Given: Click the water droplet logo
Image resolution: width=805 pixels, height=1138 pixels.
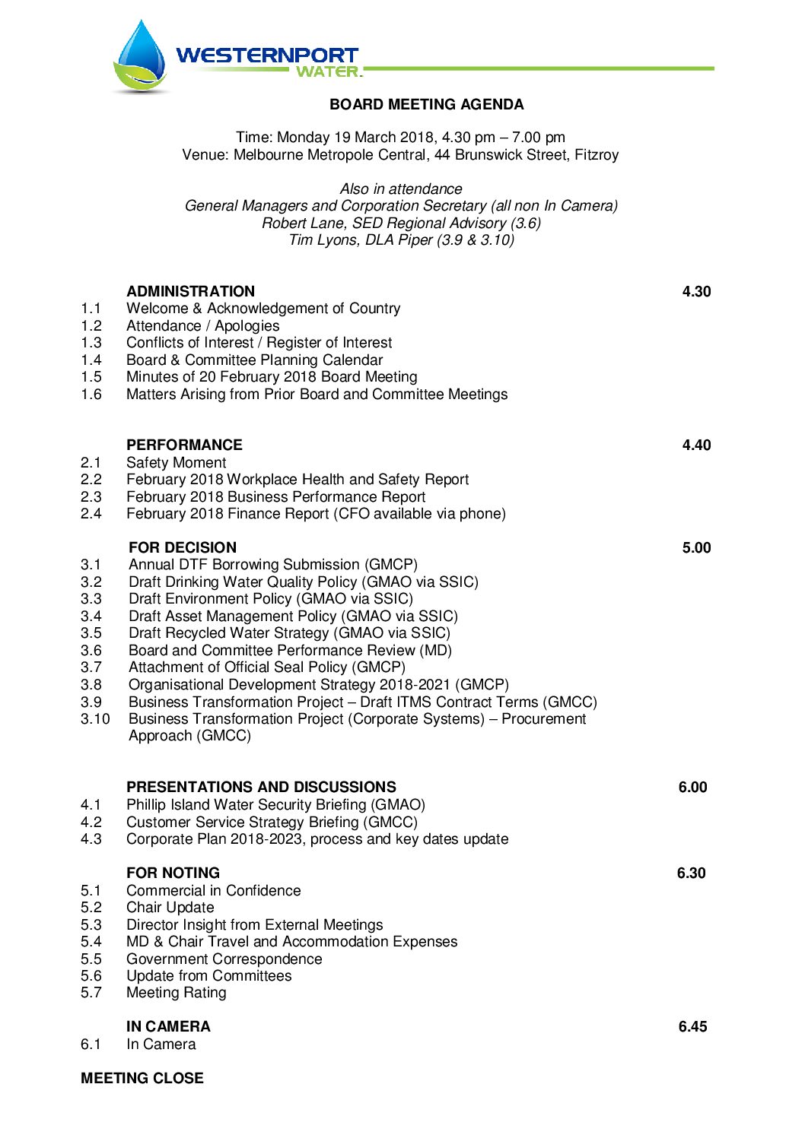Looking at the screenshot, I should click(142, 57).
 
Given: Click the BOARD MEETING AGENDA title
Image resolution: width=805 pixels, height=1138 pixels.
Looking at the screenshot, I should click(426, 104).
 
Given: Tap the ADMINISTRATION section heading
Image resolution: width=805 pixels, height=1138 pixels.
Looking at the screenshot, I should click(190, 291).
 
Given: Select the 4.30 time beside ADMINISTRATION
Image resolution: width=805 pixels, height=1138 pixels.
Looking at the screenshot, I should click(696, 291).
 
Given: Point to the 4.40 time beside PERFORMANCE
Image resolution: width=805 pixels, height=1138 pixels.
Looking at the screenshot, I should click(696, 445).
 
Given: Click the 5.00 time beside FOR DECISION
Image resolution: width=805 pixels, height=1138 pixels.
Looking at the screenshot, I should click(696, 547).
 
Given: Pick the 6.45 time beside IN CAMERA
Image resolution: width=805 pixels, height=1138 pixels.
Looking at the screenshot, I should click(692, 1026).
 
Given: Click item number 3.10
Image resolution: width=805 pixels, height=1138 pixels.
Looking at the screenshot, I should click(95, 718).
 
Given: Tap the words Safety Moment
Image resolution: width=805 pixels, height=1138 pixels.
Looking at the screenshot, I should click(176, 462).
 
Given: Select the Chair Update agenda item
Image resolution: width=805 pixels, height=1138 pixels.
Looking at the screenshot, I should click(170, 907).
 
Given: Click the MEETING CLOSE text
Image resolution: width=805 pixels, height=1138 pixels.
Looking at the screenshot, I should click(142, 1078).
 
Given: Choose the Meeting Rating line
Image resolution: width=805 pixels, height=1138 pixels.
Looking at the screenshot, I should click(176, 992).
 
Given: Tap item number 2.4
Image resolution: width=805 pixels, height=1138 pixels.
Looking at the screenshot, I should click(91, 513).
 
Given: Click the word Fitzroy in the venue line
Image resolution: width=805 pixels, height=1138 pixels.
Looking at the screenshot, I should click(597, 154).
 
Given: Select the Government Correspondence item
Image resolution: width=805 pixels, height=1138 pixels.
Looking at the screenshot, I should click(224, 959).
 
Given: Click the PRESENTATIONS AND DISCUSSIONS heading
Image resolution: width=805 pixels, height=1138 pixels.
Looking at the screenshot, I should click(261, 787).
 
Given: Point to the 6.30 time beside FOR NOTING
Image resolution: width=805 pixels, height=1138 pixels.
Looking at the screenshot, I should click(691, 873).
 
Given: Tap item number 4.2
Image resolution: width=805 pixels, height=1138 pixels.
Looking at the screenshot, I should click(91, 822).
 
